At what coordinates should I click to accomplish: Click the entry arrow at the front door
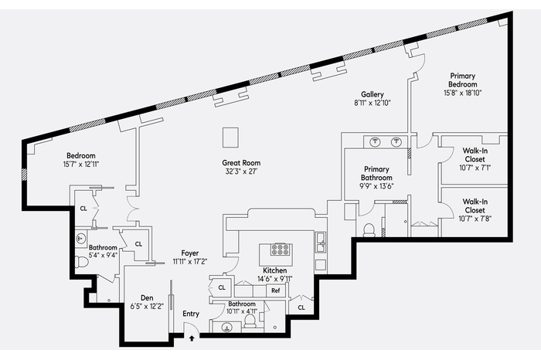192,338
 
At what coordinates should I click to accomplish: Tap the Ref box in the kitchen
276,290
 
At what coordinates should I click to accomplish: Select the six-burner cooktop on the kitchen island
280,250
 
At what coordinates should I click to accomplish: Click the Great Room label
241,163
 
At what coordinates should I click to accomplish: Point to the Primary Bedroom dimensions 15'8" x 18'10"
463,93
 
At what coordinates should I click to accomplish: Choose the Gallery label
373,94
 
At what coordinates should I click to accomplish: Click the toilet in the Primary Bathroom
369,230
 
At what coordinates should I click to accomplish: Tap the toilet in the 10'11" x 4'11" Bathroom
250,321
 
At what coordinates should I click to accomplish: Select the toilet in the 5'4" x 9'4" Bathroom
82,262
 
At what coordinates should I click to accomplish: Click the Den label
147,298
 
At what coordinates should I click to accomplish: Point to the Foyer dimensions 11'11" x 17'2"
190,262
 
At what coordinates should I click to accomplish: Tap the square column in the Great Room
230,138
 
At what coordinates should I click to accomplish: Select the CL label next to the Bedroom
83,209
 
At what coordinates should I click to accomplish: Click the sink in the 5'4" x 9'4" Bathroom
81,239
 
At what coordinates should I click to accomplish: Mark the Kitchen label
275,270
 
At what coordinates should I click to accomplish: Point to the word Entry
191,314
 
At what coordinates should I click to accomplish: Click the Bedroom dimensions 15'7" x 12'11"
81,165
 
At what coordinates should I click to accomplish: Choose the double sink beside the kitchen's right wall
321,243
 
